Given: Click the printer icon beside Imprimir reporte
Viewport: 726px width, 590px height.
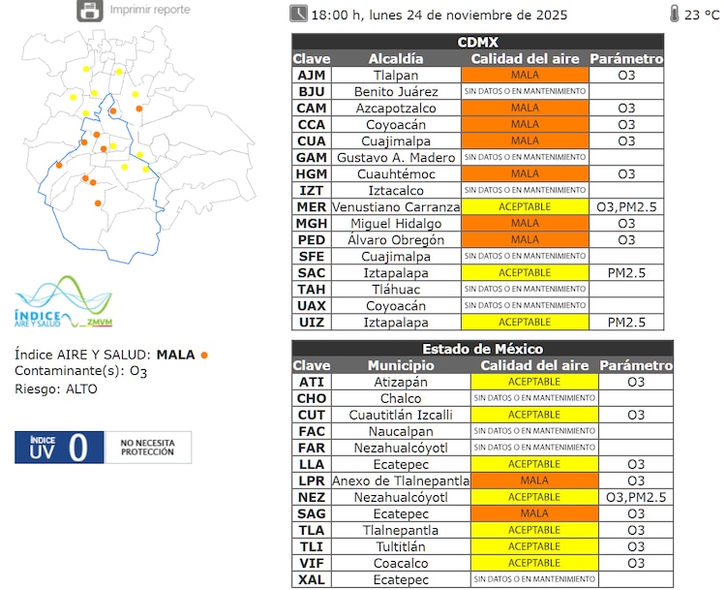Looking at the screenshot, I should (89, 11).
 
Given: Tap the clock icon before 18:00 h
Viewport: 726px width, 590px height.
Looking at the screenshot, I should (298, 14).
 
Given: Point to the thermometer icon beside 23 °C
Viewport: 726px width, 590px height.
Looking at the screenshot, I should (674, 14).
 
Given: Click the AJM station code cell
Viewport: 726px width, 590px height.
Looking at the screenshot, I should (311, 75).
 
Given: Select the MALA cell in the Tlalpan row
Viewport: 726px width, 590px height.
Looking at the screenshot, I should (525, 75).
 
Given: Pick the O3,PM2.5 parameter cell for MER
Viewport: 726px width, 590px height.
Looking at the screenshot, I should (626, 206).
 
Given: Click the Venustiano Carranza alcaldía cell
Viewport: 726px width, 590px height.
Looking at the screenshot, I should (396, 206).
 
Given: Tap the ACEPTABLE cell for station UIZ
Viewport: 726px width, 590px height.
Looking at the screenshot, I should (525, 322).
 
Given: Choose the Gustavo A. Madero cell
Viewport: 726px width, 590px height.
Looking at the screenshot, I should (396, 157).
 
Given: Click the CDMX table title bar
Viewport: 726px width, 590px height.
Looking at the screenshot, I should (478, 42).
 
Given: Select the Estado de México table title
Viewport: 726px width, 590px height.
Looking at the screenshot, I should (482, 349).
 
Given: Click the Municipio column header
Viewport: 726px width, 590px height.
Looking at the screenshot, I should (400, 365).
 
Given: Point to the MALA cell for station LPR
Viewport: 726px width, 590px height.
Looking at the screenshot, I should (533, 481).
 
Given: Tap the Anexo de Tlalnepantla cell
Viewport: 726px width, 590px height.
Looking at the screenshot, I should (400, 481).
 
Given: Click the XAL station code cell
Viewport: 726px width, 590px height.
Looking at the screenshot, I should (312, 579).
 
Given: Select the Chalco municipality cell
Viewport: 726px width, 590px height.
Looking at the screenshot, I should (400, 398).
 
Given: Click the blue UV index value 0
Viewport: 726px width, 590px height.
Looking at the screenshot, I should (78, 448).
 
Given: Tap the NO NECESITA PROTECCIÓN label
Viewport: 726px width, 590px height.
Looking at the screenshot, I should (147, 448).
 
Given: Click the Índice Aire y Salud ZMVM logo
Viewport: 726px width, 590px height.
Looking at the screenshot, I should (63, 304).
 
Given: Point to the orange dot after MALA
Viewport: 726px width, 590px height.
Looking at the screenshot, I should (204, 355).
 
